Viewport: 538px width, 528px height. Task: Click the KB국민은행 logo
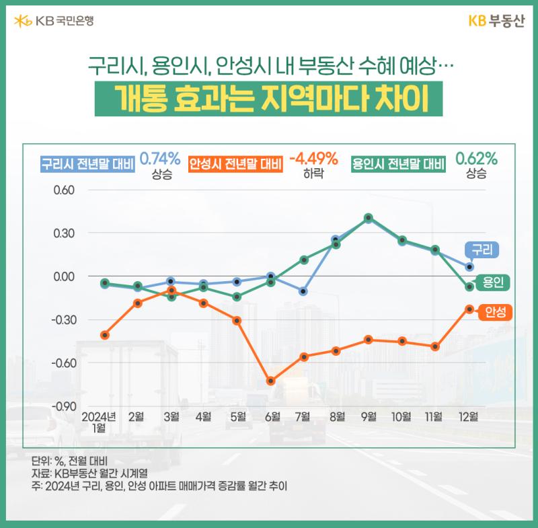click(54, 21)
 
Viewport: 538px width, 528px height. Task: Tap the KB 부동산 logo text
click(496, 21)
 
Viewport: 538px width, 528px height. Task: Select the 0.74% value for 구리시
click(160, 159)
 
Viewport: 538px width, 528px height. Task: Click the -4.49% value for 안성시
click(313, 159)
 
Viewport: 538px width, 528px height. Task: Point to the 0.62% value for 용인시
click(476, 159)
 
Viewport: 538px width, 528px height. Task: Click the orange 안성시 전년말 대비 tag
click(236, 164)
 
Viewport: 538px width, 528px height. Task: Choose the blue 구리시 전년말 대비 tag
click(87, 164)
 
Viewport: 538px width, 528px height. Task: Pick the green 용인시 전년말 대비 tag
click(398, 164)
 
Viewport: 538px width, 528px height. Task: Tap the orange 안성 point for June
click(271, 381)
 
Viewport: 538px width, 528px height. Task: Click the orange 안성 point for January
click(105, 335)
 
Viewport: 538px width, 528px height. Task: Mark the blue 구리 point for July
click(303, 292)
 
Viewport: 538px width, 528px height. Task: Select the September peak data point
click(369, 218)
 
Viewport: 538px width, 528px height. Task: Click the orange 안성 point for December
click(469, 309)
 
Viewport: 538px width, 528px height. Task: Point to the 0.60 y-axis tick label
click(64, 190)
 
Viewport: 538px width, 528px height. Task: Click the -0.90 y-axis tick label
click(64, 406)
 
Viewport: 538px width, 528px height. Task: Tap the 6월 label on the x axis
click(273, 417)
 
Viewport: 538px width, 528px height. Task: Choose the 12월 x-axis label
click(469, 417)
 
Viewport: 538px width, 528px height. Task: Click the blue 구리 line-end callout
click(482, 250)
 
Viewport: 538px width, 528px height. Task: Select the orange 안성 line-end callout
click(495, 312)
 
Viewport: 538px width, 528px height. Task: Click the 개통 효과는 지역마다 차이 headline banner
click(268, 99)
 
